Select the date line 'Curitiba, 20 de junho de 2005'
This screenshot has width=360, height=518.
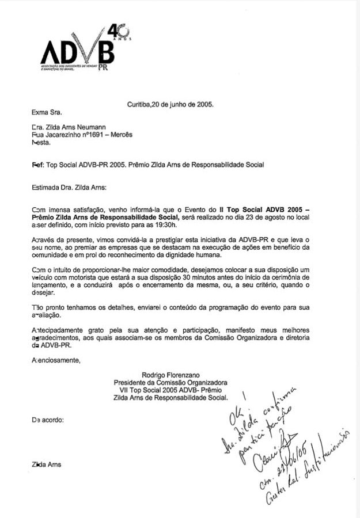click(170, 105)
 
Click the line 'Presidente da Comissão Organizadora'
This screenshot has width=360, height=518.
click(170, 382)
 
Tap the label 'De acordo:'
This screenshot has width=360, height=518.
click(48, 420)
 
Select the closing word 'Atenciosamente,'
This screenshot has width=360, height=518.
click(56, 360)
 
